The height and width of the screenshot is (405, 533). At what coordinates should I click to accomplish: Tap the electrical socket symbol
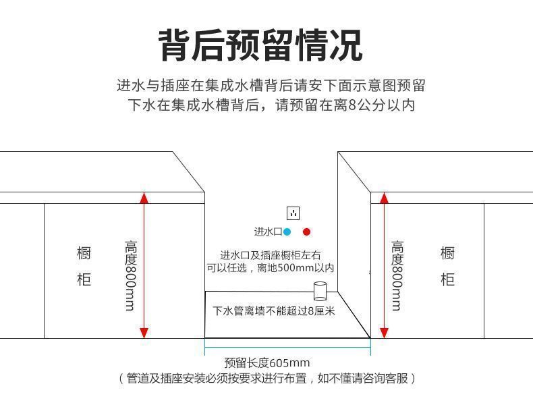coord(293,213)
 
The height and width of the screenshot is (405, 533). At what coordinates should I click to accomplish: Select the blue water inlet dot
coord(287,232)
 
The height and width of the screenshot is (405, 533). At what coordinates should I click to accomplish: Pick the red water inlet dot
coord(306,232)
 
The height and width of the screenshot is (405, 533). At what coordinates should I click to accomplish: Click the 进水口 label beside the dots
coord(267,232)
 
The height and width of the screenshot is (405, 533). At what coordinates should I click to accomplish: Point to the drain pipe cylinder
coord(320,292)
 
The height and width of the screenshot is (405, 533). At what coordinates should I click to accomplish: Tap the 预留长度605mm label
coord(267,362)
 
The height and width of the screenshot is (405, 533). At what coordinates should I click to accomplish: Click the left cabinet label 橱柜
coord(84,266)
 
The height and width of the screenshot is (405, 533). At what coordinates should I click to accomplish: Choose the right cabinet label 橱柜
coord(447,266)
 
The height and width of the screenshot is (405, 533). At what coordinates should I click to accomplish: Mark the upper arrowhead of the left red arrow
coord(143,198)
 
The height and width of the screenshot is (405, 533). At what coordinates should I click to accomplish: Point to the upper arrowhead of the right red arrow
coord(384,198)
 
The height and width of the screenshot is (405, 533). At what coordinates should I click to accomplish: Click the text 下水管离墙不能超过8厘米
coord(274,311)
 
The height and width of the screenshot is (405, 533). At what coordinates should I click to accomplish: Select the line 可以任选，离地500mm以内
coord(271,268)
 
